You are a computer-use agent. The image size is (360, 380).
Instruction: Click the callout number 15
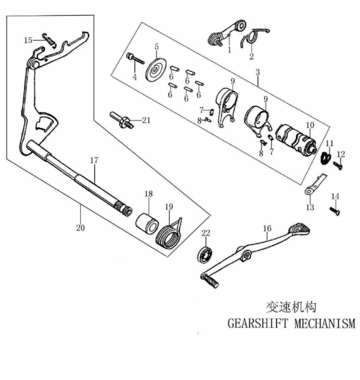click(28, 40)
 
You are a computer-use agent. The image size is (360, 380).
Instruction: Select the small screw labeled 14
click(334, 210)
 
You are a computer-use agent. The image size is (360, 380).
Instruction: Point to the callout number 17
click(94, 160)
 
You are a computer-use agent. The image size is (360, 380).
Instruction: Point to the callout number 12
click(341, 154)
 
